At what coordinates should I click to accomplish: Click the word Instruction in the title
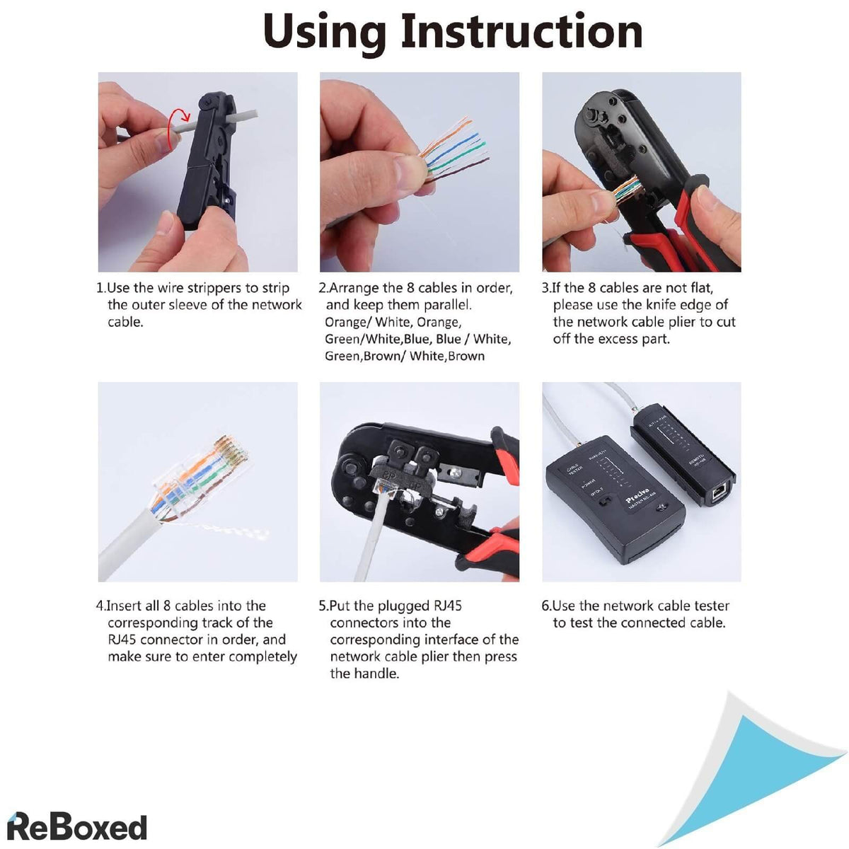click(x=521, y=32)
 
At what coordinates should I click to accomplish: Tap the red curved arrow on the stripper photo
click(x=178, y=115)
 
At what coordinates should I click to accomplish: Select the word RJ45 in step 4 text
click(x=122, y=640)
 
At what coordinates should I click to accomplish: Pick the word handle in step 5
click(x=379, y=674)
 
